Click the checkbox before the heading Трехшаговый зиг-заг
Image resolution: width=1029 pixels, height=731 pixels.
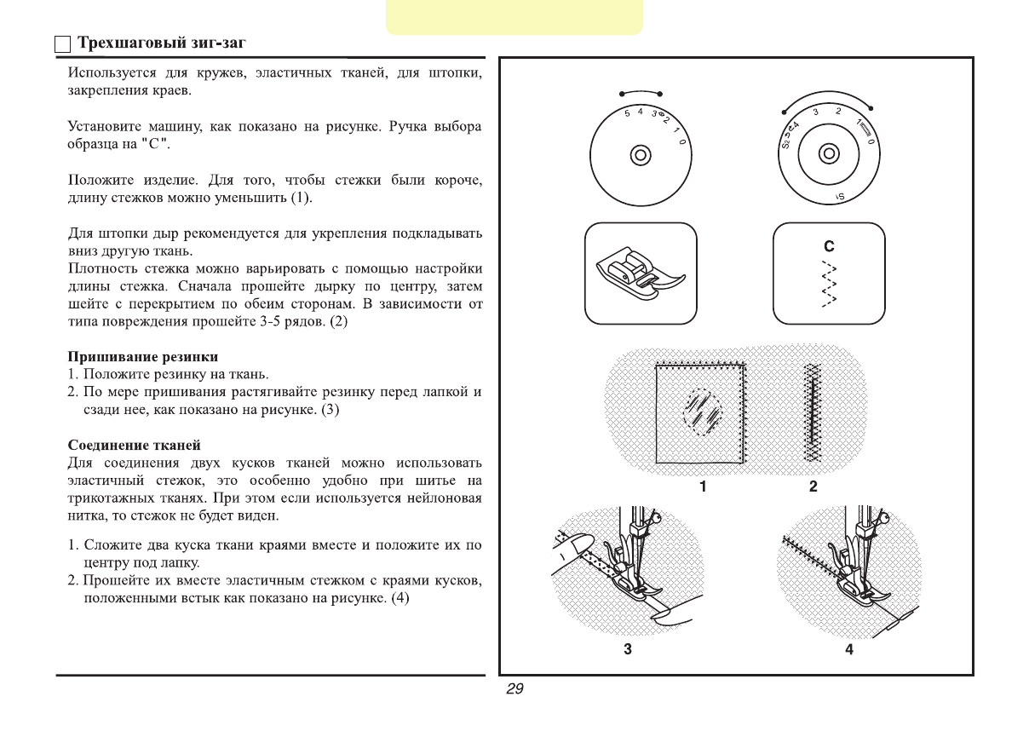click(61, 44)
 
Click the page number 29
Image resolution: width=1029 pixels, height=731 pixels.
click(514, 689)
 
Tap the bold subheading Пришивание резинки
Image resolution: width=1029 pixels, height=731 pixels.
click(143, 356)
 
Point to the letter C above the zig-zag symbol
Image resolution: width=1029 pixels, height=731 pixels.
click(828, 246)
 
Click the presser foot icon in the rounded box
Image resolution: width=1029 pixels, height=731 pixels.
click(641, 273)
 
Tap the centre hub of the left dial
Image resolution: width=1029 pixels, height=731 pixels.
click(641, 154)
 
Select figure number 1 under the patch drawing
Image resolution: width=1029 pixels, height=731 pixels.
click(703, 486)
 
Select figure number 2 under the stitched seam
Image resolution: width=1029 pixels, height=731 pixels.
click(813, 486)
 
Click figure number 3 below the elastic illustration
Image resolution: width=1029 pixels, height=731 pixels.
click(628, 650)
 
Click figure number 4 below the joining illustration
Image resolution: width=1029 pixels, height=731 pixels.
click(849, 650)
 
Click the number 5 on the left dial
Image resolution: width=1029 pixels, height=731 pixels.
click(627, 112)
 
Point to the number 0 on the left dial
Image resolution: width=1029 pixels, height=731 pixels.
click(682, 141)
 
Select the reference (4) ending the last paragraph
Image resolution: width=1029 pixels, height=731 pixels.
click(400, 598)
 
